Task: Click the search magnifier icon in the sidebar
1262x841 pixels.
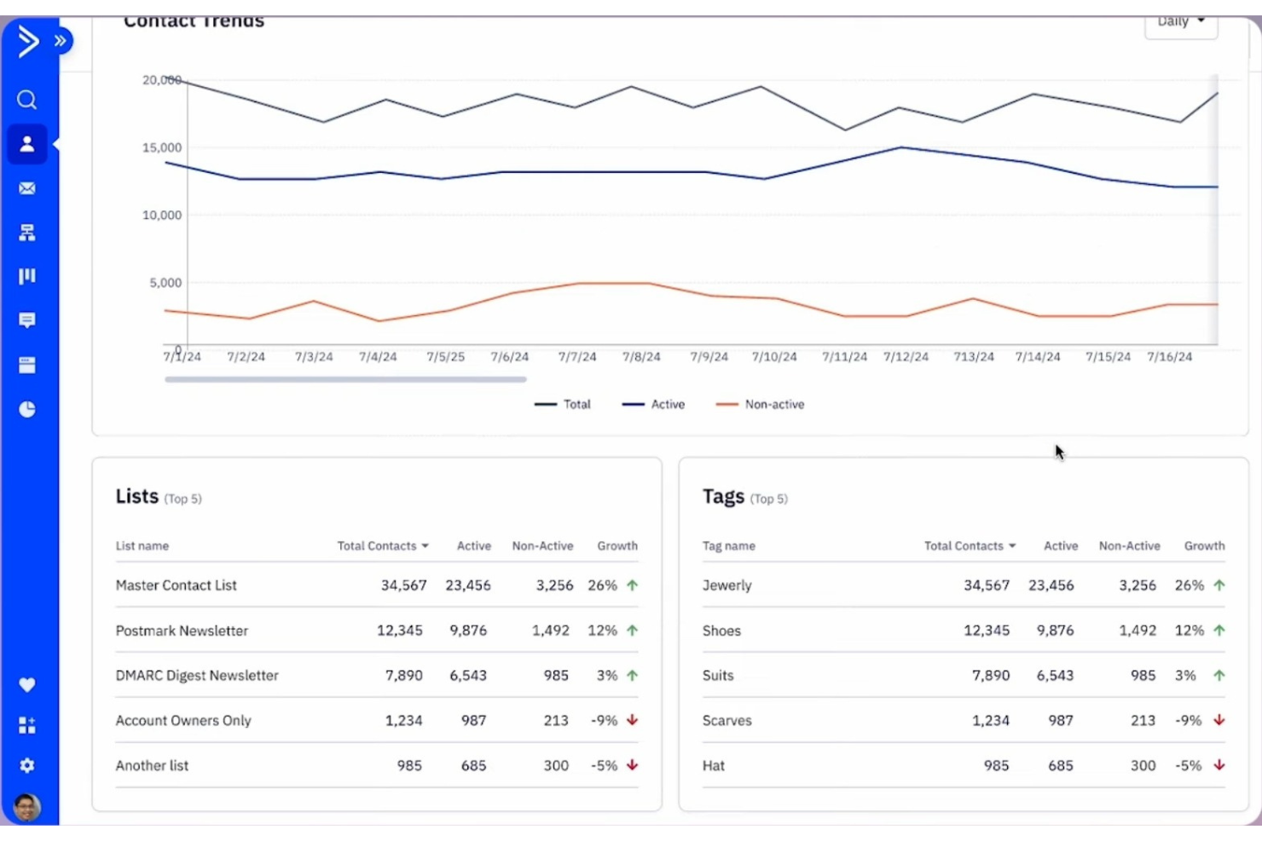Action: pos(27,101)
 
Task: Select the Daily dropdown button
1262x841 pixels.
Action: pos(1180,22)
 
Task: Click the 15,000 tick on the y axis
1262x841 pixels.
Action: pos(161,147)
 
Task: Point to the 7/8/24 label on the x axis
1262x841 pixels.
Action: pos(640,357)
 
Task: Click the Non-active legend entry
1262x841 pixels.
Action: pos(761,405)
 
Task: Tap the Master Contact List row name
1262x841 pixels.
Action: pos(176,585)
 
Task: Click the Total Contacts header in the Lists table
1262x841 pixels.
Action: pos(382,546)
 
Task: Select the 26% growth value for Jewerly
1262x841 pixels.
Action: pos(1189,585)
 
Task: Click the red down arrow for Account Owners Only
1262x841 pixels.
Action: pos(632,720)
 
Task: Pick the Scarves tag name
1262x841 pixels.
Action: pos(727,721)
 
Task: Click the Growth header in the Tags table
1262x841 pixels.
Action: pos(1204,546)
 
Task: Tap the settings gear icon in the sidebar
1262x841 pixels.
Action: pos(27,765)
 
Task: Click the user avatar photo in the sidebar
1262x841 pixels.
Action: pos(27,806)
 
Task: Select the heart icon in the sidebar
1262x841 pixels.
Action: pos(27,685)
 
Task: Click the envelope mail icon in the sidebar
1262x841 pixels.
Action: pos(27,188)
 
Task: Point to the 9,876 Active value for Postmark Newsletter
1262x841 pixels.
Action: pos(468,631)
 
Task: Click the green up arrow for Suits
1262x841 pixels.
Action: pos(1219,676)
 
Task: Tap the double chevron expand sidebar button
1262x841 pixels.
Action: pos(61,41)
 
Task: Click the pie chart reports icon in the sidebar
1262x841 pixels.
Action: pos(27,410)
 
